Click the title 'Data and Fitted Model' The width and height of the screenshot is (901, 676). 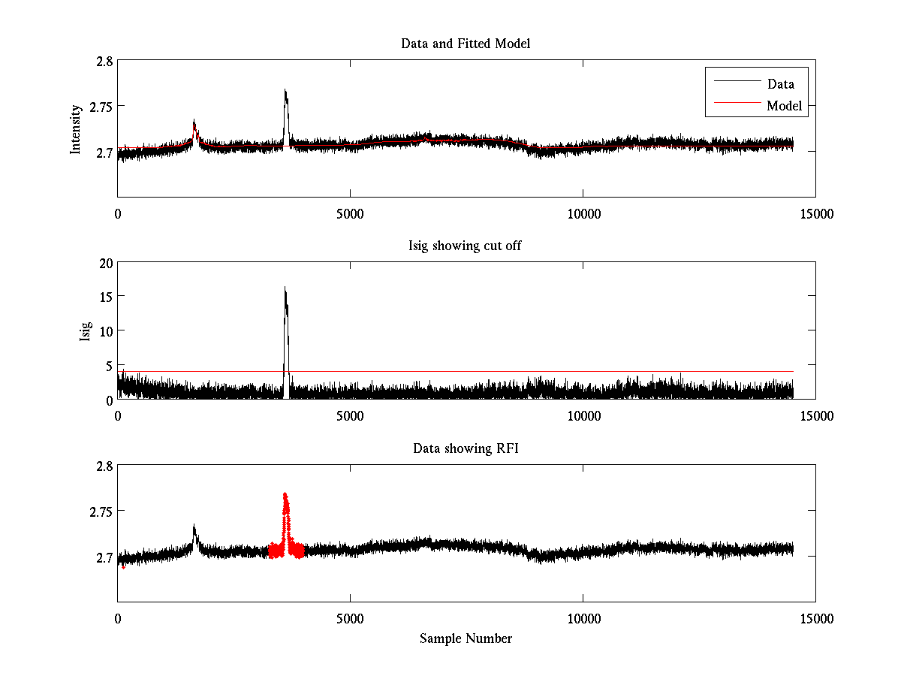[x=466, y=44]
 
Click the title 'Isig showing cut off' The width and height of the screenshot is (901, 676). [x=466, y=246]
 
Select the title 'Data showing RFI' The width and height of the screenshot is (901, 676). [x=466, y=448]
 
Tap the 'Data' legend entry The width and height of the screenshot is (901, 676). [x=780, y=84]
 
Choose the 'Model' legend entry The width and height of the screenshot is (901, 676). [x=784, y=106]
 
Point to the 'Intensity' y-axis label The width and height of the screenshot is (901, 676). [x=76, y=129]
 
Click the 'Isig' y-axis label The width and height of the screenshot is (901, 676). [x=86, y=330]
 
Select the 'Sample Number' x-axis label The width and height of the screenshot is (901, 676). [x=466, y=638]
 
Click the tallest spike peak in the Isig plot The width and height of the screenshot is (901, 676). [x=285, y=288]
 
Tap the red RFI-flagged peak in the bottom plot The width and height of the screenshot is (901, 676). [x=285, y=494]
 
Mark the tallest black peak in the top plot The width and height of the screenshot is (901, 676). [x=285, y=91]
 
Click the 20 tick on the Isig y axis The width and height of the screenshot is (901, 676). [x=105, y=262]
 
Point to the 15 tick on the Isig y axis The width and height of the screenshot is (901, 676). [x=105, y=297]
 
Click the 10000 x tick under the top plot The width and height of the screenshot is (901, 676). [x=583, y=214]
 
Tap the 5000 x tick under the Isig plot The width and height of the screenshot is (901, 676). [x=351, y=416]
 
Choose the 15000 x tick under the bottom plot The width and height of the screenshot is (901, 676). [x=815, y=619]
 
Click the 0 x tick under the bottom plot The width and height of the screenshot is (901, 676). [x=118, y=619]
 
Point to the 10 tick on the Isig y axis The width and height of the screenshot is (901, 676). [x=105, y=330]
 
